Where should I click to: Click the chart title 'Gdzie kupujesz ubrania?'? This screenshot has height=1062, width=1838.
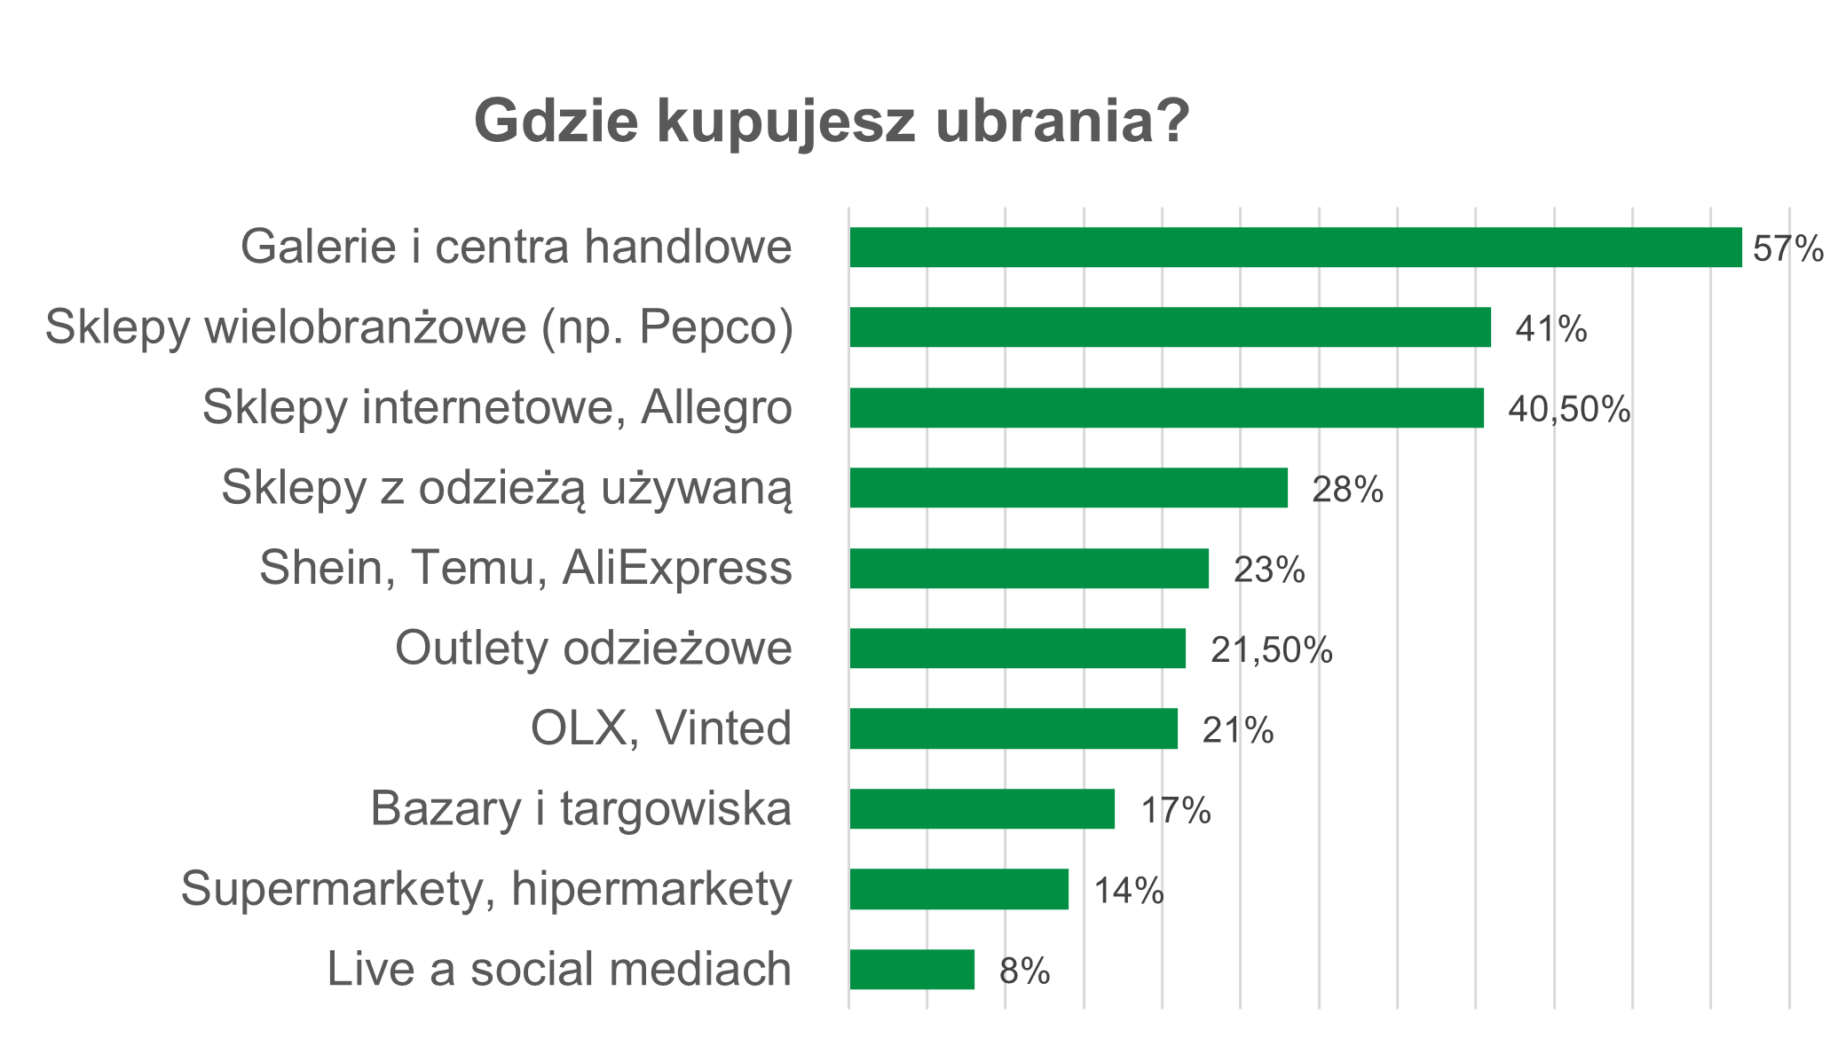[x=832, y=122]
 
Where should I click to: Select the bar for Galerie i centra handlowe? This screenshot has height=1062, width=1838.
[x=1295, y=248]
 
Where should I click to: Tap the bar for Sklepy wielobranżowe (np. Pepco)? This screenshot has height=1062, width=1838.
[x=1170, y=327]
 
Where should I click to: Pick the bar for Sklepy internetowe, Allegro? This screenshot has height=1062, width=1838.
[x=1166, y=408]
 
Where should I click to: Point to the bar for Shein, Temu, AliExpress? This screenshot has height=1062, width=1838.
[x=1029, y=569]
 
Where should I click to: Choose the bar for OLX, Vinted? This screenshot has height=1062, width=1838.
[x=1014, y=729]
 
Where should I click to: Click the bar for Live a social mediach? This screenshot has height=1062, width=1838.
[x=911, y=970]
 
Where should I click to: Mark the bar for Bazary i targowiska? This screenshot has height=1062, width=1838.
[x=982, y=809]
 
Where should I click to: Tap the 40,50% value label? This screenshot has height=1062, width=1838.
[x=1569, y=410]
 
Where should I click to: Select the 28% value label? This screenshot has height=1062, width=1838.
[x=1347, y=490]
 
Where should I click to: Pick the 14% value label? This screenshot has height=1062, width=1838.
[x=1128, y=891]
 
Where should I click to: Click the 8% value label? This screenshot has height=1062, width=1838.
[x=1024, y=972]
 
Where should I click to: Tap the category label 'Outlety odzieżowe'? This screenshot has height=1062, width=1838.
[x=593, y=649]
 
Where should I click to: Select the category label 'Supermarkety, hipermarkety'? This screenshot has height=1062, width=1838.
[x=486, y=889]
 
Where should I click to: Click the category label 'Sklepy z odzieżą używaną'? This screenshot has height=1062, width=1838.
[x=507, y=488]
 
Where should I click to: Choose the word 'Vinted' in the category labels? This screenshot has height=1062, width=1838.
[x=723, y=729]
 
